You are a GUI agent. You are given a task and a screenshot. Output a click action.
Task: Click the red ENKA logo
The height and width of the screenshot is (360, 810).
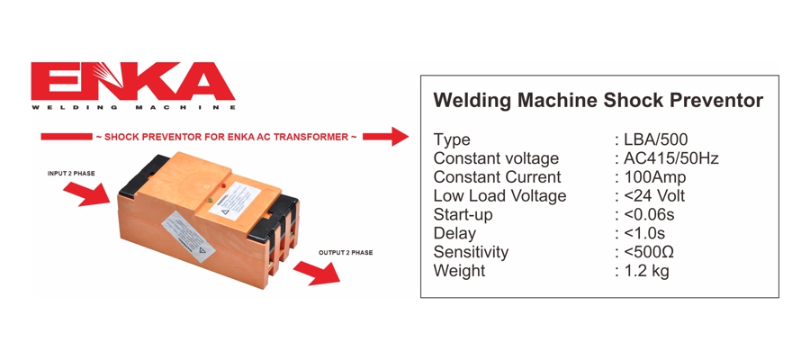click(133, 83)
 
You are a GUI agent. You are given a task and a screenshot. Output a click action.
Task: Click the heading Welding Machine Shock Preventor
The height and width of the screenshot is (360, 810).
click(598, 100)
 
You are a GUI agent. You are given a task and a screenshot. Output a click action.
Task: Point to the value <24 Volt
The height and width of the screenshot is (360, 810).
click(654, 196)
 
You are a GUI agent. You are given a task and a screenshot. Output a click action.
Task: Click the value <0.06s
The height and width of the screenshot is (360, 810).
click(649, 215)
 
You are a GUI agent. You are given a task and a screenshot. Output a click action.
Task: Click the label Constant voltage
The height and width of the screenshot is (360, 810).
click(496, 158)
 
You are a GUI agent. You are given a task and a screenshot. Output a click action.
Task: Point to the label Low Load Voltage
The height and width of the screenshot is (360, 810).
click(499, 196)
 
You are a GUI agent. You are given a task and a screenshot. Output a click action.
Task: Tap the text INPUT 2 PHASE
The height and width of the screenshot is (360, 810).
click(71, 173)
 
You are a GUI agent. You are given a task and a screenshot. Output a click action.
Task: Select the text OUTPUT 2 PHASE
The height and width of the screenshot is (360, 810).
click(345, 253)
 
